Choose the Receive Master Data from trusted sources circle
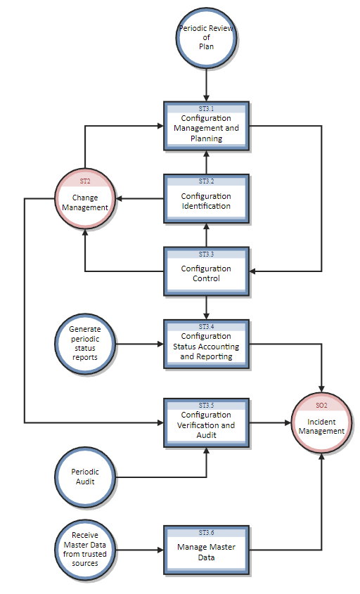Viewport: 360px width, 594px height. point(85,550)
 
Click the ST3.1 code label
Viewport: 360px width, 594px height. point(206,109)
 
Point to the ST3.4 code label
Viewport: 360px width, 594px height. point(206,326)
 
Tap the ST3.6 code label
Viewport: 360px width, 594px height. point(206,532)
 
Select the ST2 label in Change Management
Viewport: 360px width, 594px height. point(85,181)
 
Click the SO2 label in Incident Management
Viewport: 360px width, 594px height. point(321,406)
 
